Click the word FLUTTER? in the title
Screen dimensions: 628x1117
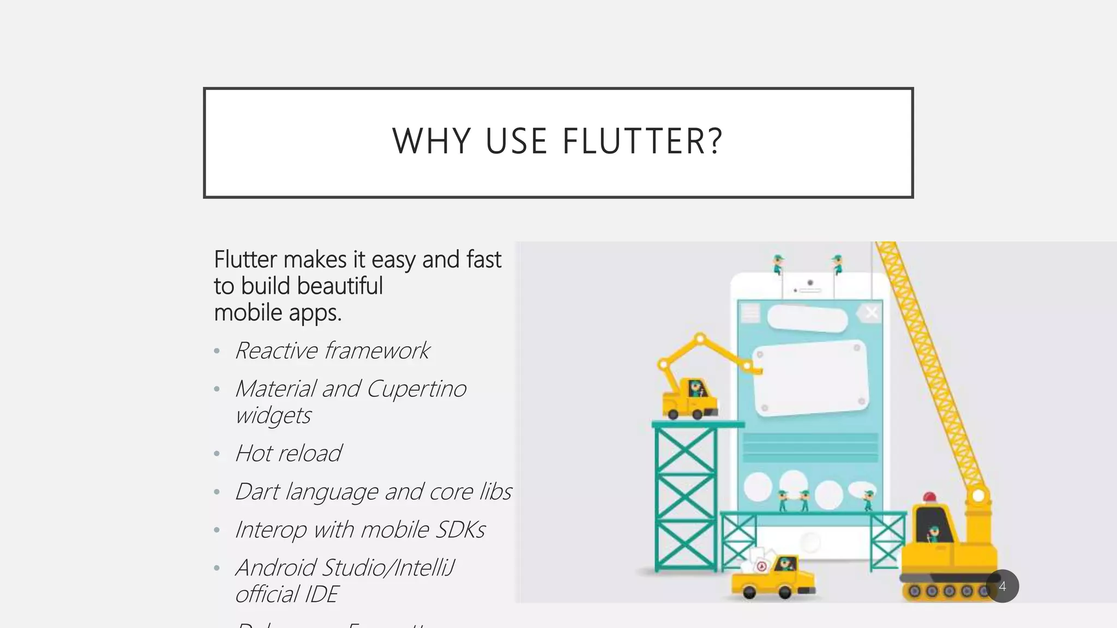(x=642, y=141)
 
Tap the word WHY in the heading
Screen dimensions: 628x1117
(x=431, y=141)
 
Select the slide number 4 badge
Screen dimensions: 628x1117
(x=1002, y=587)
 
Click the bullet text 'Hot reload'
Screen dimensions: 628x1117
(x=288, y=453)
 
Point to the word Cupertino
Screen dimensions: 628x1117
(x=416, y=389)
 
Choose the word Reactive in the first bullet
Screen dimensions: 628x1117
(x=276, y=351)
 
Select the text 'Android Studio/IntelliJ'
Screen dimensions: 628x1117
(x=345, y=567)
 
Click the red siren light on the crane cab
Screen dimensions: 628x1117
(x=929, y=497)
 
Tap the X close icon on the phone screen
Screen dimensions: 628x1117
(x=872, y=312)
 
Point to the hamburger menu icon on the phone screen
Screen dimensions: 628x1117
(x=750, y=313)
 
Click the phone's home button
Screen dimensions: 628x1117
(x=810, y=542)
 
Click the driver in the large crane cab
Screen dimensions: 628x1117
(x=933, y=533)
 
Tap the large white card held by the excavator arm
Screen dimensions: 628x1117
(x=810, y=379)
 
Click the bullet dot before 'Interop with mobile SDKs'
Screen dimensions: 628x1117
(x=217, y=530)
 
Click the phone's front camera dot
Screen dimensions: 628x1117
(x=810, y=282)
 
